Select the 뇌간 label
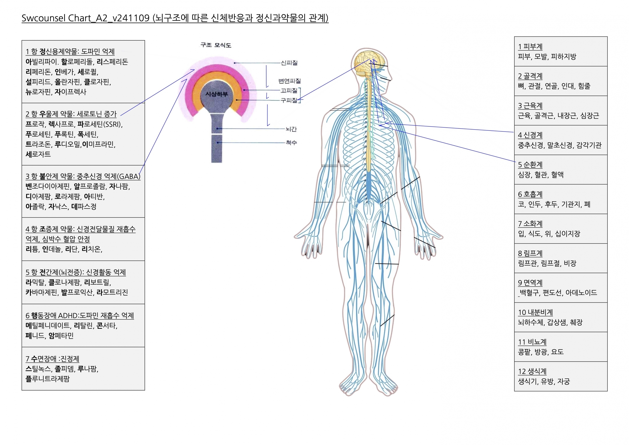tap(291, 129)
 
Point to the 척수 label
tap(291, 143)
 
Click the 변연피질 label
tap(289, 81)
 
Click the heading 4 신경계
tap(530, 135)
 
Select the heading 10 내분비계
tap(535, 312)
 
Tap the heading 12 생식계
tap(532, 371)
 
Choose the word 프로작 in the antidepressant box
tap(35, 124)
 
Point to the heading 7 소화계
tap(530, 224)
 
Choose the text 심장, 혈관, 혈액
tap(541, 175)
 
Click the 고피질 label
tap(289, 90)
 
